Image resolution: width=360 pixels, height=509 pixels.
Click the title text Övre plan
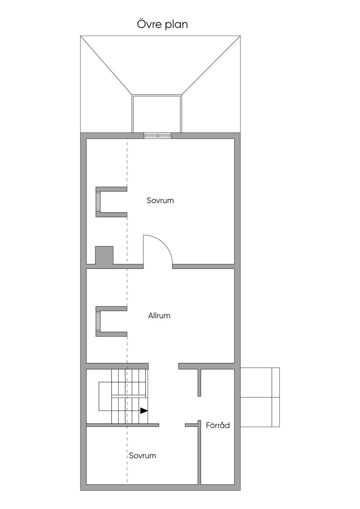162,25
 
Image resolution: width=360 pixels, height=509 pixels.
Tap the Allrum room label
159,315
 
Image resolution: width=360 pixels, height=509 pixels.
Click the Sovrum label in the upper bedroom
160,200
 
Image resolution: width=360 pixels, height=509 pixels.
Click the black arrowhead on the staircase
144,411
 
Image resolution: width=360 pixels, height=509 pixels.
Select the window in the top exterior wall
157,136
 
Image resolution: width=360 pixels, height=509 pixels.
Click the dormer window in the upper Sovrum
98,202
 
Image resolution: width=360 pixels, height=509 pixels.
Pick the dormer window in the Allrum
98,321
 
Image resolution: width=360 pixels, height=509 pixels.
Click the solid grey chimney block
104,256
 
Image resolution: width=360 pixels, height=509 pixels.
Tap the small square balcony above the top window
157,114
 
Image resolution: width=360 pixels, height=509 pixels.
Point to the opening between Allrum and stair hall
163,366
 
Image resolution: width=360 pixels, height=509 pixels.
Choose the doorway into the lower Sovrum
172,425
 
